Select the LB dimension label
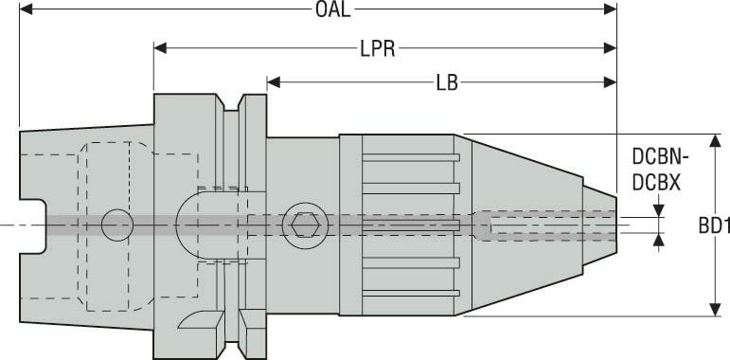click(448, 82)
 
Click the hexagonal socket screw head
click(304, 225)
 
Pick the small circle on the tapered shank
click(117, 225)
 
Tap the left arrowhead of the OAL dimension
click(27, 10)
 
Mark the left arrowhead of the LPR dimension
click(160, 46)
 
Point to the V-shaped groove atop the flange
click(233, 101)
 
